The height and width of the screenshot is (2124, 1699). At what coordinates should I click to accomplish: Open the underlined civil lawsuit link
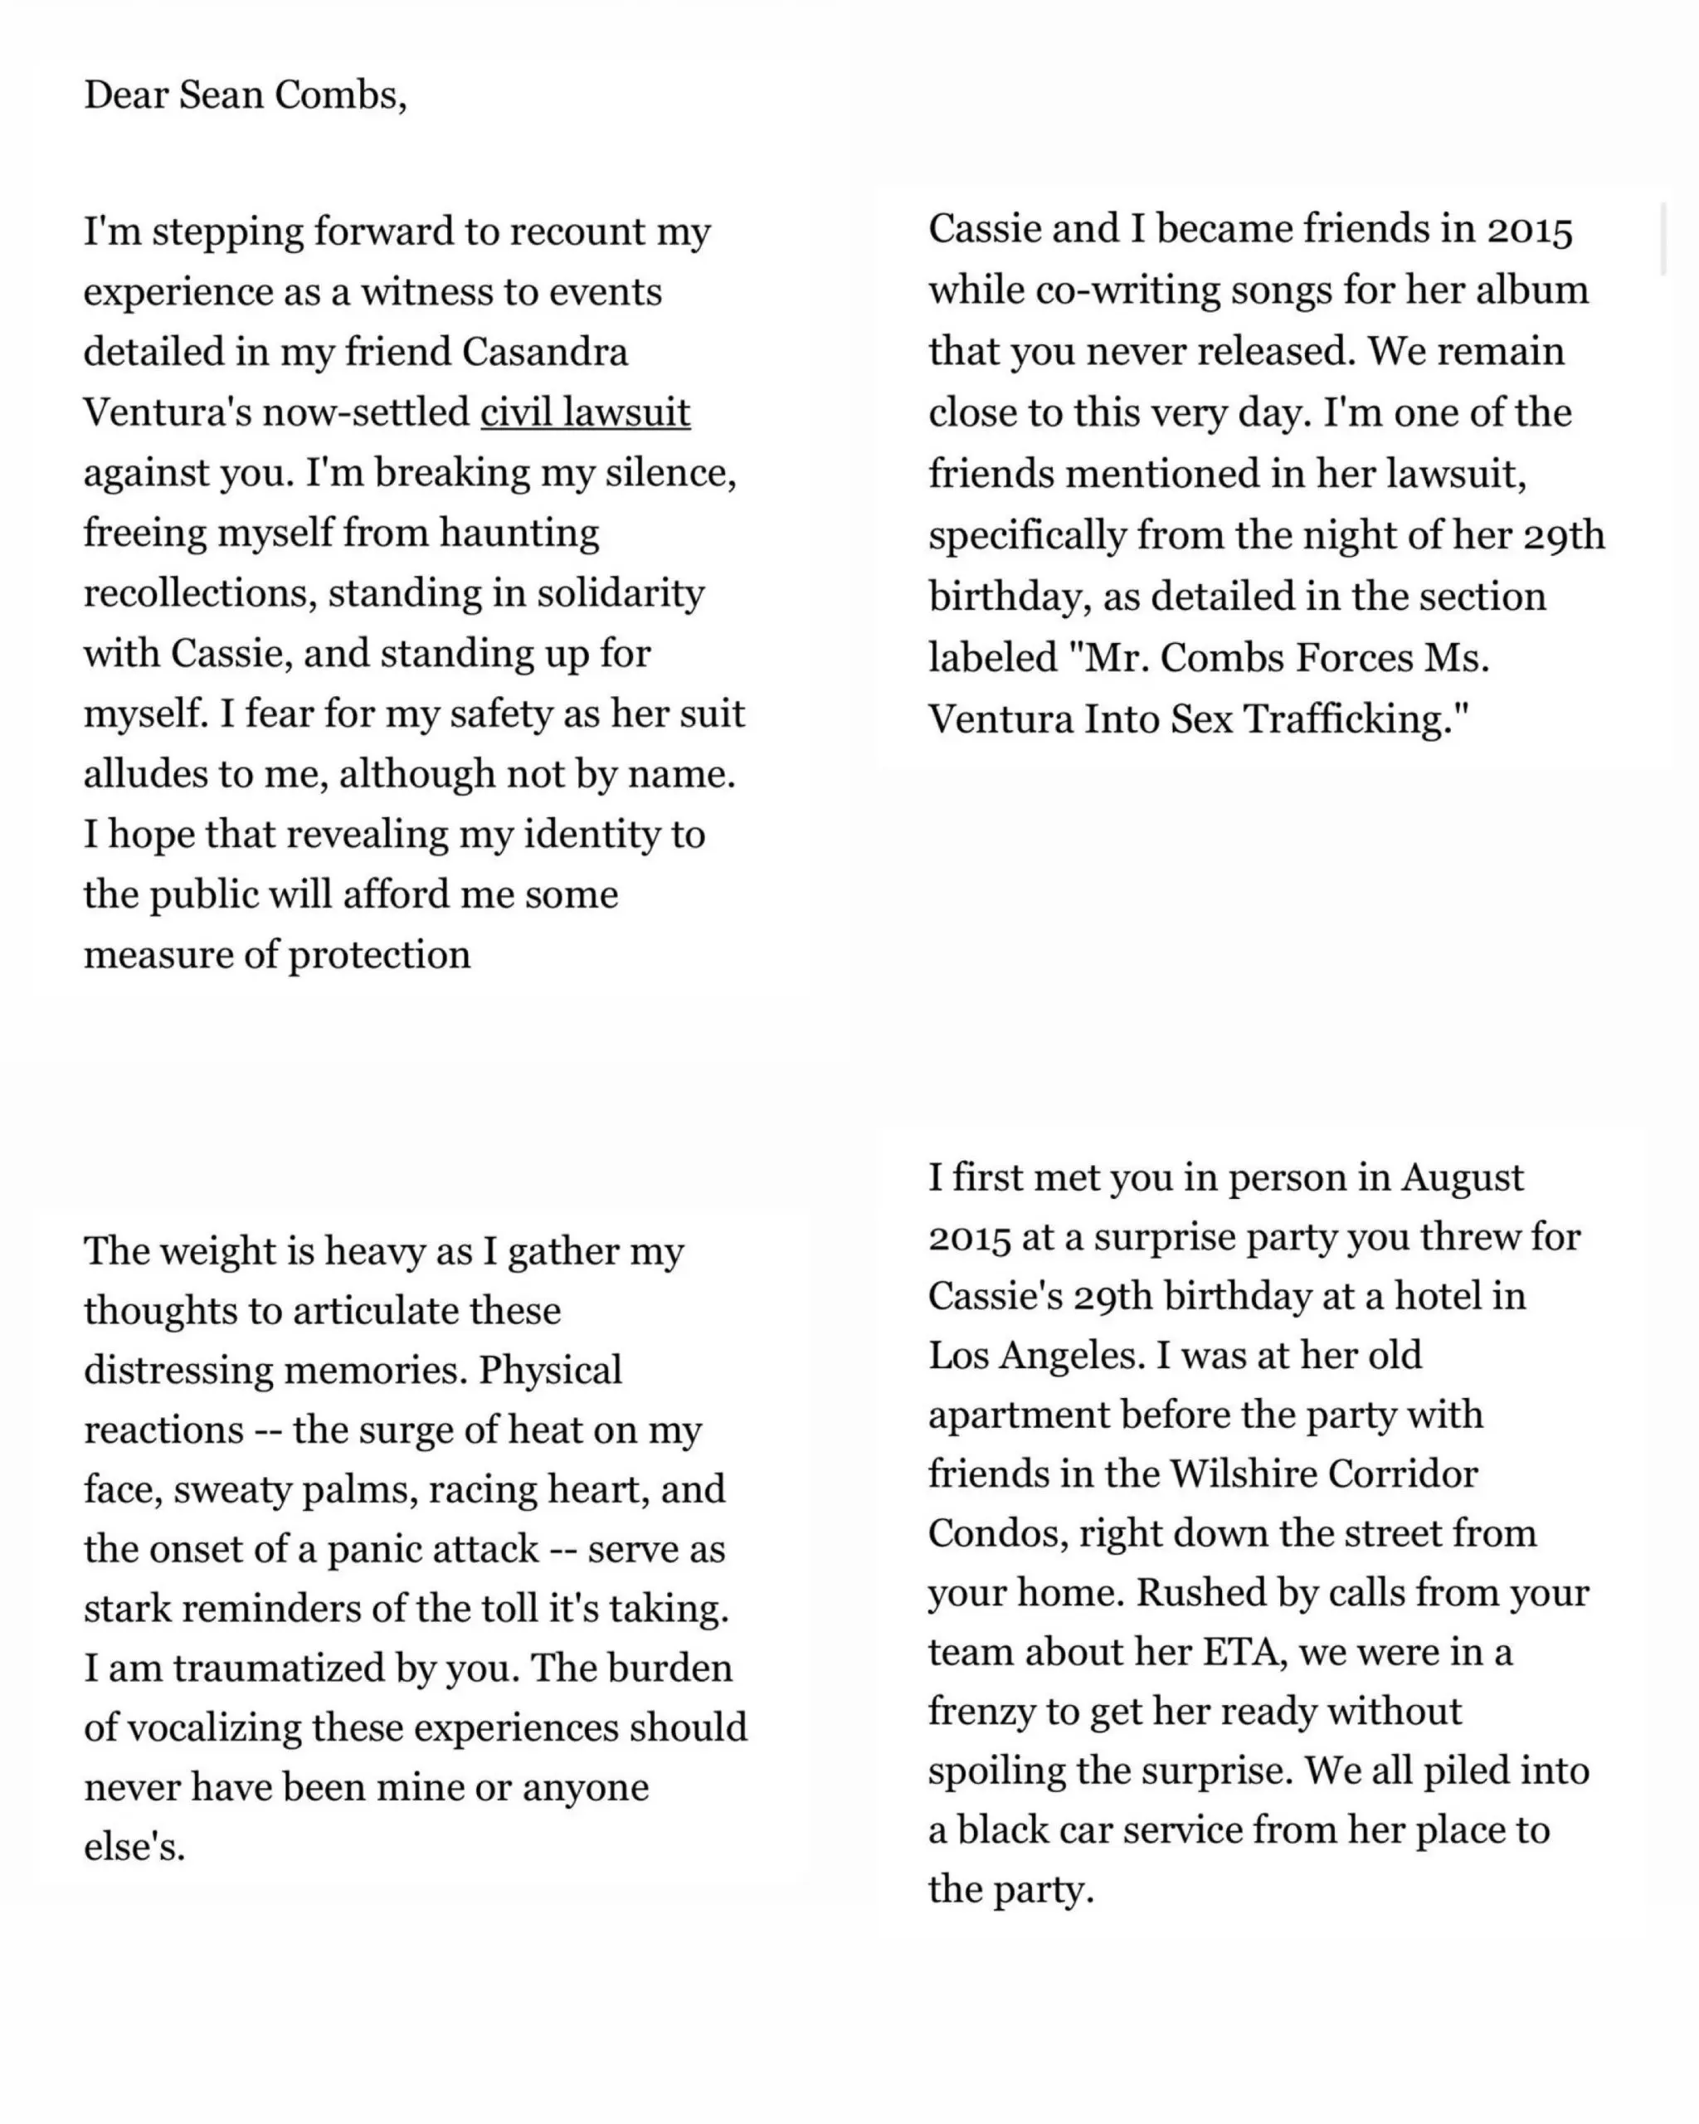(585, 413)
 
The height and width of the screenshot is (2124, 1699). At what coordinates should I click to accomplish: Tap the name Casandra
(545, 353)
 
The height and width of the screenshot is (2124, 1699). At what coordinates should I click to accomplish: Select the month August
(1463, 1178)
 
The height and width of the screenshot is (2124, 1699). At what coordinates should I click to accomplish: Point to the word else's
(135, 1847)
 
